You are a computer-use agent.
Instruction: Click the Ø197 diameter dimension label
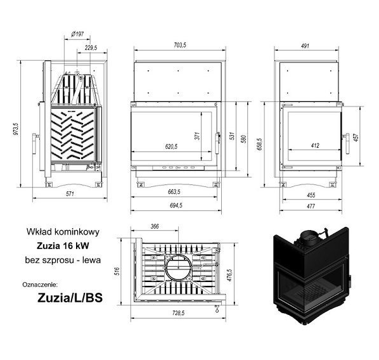(77, 34)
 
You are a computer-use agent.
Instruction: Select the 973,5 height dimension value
(15, 129)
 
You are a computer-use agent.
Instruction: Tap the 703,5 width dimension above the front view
(180, 45)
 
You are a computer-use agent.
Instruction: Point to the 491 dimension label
(305, 46)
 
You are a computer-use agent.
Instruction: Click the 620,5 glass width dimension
(171, 146)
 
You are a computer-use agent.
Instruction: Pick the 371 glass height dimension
(198, 136)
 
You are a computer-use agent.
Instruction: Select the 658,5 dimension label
(259, 145)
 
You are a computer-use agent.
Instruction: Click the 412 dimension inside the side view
(315, 146)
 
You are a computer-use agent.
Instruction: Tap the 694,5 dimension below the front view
(176, 205)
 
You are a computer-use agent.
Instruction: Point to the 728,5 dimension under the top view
(179, 313)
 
